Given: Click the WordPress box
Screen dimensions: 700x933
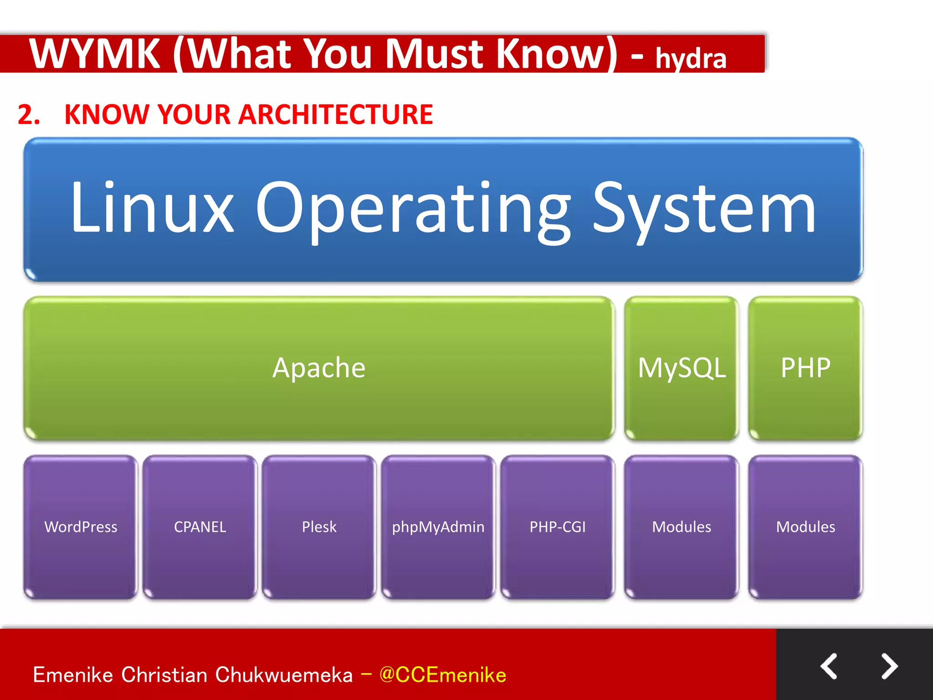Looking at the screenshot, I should (x=81, y=527).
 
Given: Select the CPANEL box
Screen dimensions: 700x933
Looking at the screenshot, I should (x=200, y=527).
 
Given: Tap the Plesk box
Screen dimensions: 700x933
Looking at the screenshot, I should (x=319, y=527).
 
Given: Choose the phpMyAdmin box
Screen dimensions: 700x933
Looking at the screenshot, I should (x=438, y=527).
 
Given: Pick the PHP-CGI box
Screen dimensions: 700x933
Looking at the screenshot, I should (x=557, y=527).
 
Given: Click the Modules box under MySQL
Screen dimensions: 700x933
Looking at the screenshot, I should (x=682, y=527).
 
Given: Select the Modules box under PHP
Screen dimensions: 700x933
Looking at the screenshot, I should (x=805, y=527).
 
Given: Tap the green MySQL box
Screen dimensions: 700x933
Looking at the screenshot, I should (x=682, y=368).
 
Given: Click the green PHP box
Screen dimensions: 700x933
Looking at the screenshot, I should (x=805, y=368).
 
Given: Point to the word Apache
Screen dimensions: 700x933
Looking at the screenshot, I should (x=319, y=368).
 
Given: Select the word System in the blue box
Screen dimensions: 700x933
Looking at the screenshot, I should (x=704, y=209).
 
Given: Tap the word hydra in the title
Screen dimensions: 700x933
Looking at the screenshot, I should (x=691, y=58).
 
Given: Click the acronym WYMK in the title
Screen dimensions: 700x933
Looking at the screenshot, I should (x=95, y=54).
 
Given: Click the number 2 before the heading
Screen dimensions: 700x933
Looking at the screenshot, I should (x=26, y=114).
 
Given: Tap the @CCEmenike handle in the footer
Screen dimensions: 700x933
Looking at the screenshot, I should (x=442, y=675).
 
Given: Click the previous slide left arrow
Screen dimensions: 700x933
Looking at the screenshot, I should (x=829, y=666).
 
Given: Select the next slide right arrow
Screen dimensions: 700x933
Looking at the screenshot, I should (x=889, y=666).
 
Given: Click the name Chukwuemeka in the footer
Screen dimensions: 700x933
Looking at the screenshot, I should (x=284, y=675).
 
